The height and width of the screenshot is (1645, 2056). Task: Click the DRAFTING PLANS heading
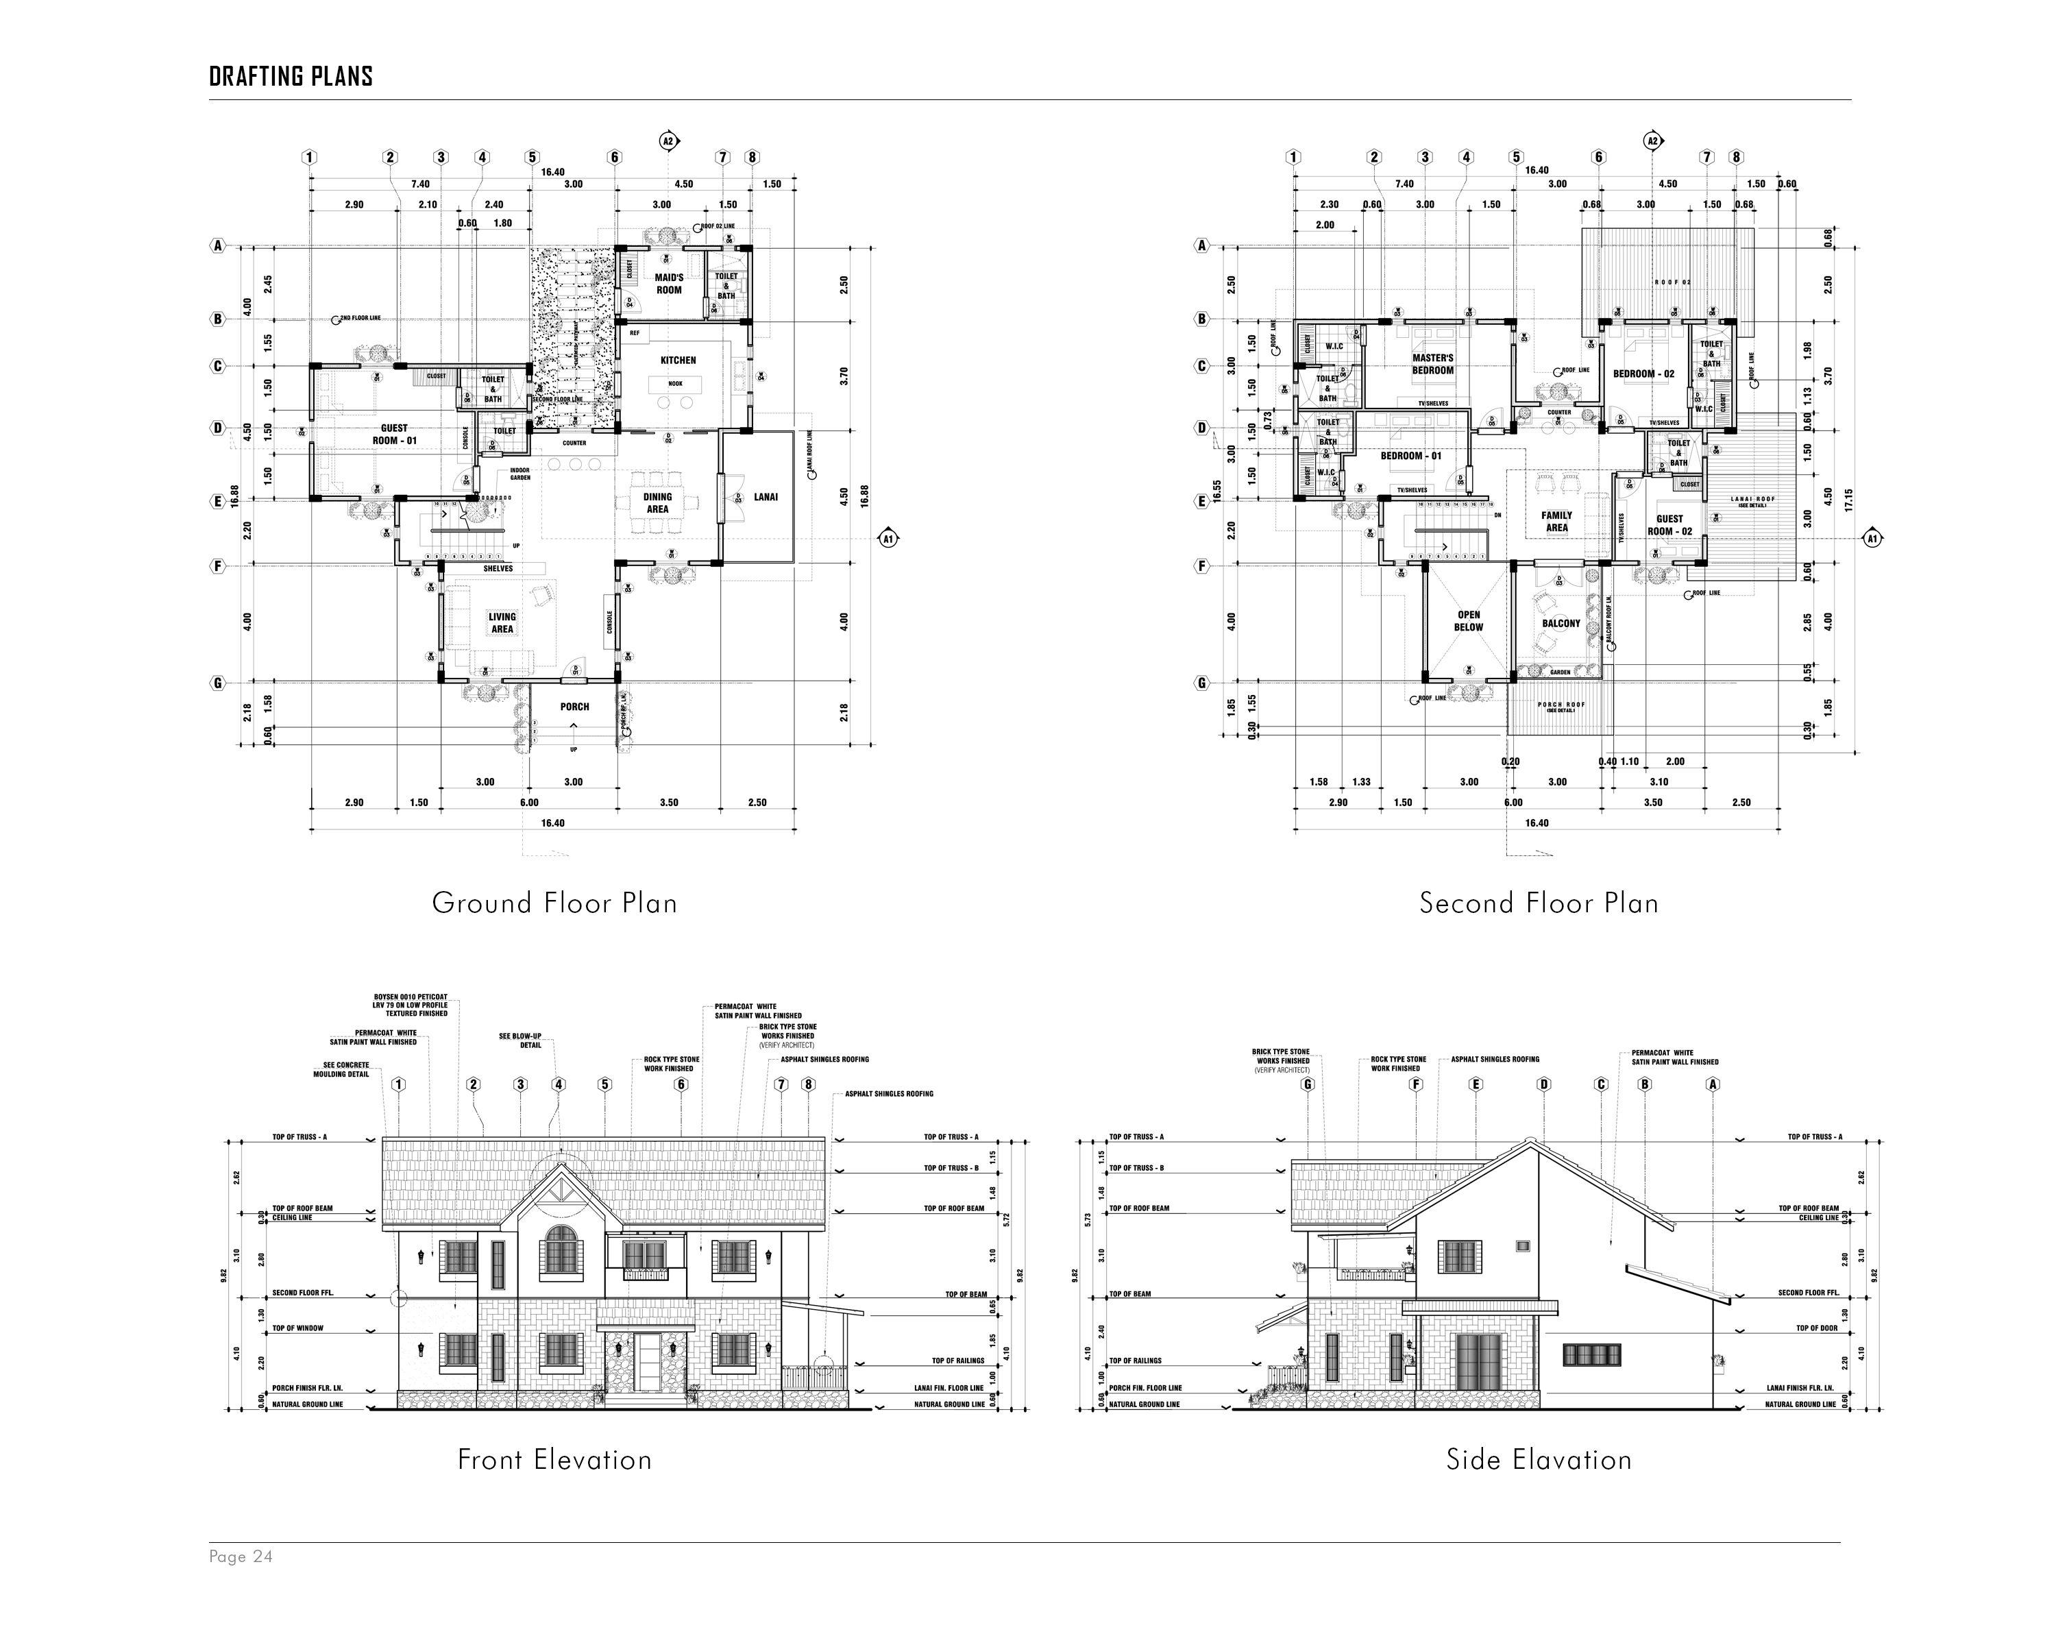click(x=291, y=76)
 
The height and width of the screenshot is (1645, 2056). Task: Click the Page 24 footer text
click(x=241, y=1557)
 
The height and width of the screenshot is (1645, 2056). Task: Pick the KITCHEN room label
click(x=678, y=361)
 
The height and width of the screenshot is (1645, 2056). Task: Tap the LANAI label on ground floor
click(x=766, y=497)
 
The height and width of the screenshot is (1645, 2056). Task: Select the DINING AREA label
click(x=657, y=502)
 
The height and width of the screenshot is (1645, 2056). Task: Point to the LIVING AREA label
click(x=502, y=623)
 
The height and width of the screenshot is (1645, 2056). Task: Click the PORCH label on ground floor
click(x=574, y=707)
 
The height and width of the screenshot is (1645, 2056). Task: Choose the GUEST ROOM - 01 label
click(x=394, y=434)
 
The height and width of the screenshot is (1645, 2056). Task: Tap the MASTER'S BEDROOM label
click(x=1432, y=363)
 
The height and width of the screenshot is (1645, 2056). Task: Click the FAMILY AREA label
click(x=1556, y=521)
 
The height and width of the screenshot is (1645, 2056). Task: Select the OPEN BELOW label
click(x=1469, y=621)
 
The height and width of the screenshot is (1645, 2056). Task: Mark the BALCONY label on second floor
click(x=1561, y=624)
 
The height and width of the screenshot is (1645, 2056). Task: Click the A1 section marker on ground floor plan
click(x=888, y=538)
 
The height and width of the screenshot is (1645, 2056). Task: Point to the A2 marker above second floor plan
click(x=1652, y=141)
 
